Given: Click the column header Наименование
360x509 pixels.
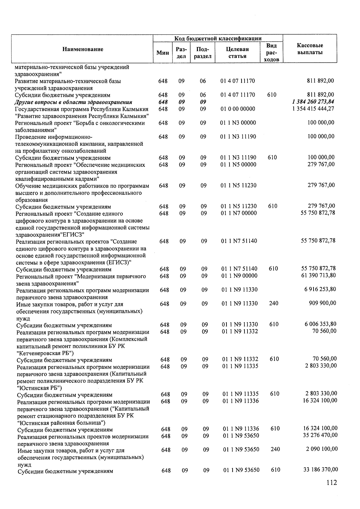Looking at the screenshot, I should click(83, 49).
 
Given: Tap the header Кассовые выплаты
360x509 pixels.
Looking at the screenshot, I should click(310, 49).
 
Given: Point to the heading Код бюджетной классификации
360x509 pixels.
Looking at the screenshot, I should click(218, 38).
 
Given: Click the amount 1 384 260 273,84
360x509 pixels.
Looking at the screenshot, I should click(313, 102).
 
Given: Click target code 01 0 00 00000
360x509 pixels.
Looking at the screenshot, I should click(238, 109).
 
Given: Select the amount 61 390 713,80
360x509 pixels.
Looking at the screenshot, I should click(318, 275).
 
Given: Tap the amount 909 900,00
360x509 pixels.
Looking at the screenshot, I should click(322, 303).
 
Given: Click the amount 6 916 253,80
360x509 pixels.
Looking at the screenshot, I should click(320, 289).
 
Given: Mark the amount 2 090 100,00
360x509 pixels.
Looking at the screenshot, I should click(322, 449).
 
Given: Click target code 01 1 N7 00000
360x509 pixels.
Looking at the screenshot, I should click(239, 213).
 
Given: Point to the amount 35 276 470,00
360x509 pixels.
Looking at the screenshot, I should click(320, 435).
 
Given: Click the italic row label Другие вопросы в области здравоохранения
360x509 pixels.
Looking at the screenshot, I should click(73, 102).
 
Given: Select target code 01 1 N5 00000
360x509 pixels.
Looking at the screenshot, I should click(238, 164).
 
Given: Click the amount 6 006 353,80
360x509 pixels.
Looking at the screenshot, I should click(320, 324).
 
